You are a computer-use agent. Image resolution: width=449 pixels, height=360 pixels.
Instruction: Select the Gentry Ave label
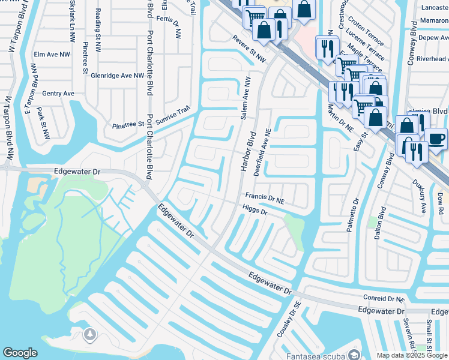(x=58, y=94)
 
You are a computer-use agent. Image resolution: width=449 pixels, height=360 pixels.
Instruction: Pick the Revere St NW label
(x=249, y=50)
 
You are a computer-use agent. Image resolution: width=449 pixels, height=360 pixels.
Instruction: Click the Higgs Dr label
(x=254, y=208)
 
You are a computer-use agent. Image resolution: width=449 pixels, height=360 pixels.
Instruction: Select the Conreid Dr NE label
(x=384, y=298)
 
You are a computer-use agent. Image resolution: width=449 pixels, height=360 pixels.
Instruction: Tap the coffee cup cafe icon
(x=435, y=139)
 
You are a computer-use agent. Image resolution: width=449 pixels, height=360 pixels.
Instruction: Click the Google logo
(x=20, y=353)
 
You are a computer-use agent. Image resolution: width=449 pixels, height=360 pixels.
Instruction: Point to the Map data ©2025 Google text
(x=411, y=355)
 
